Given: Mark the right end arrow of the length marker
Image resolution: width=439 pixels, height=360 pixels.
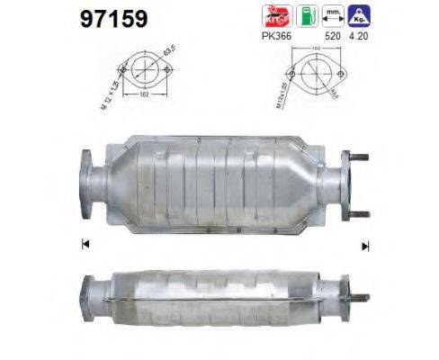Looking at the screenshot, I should click(365, 243).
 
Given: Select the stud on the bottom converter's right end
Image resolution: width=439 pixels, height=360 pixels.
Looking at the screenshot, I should click(358, 297).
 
